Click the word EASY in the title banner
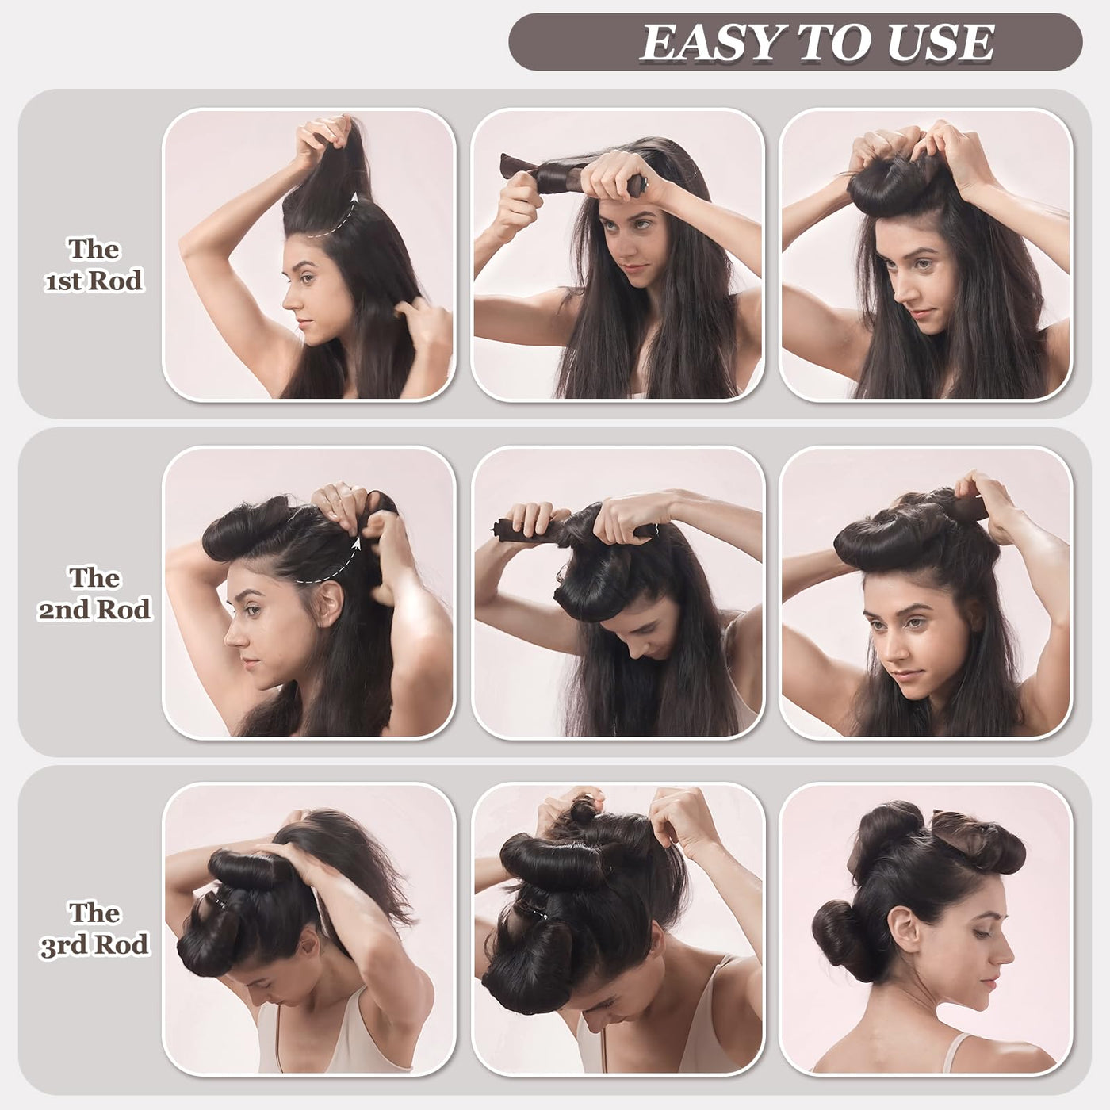tap(714, 43)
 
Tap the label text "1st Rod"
tap(94, 281)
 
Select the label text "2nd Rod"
tap(94, 610)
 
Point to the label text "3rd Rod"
tap(94, 944)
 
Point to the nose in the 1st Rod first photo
tap(289, 299)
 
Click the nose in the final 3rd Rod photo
tap(1006, 955)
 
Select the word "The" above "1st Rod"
tap(94, 250)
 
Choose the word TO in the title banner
tap(837, 43)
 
